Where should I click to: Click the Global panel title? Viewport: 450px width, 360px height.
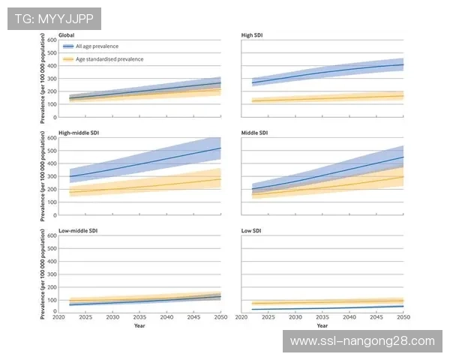pyautogui.click(x=67, y=35)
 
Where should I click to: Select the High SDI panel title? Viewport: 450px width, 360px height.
pyautogui.click(x=253, y=35)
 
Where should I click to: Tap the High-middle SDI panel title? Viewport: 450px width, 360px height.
pyautogui.click(x=77, y=133)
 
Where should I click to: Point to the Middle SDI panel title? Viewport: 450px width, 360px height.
pyautogui.click(x=256, y=133)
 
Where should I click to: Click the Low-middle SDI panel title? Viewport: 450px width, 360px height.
pyautogui.click(x=76, y=231)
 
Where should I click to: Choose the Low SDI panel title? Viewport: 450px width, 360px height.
pyautogui.click(x=252, y=231)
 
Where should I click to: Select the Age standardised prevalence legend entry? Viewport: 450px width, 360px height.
pyautogui.click(x=109, y=59)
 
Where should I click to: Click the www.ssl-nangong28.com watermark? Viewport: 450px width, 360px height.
pyautogui.click(x=362, y=341)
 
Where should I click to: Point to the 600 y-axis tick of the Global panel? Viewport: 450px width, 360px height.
pyautogui.click(x=52, y=39)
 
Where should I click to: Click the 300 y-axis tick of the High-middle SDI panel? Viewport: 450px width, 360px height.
pyautogui.click(x=52, y=176)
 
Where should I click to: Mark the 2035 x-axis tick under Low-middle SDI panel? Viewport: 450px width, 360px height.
pyautogui.click(x=139, y=318)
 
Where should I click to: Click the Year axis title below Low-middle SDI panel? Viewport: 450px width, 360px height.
pyautogui.click(x=139, y=326)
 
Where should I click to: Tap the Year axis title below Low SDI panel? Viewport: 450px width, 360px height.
pyautogui.click(x=322, y=326)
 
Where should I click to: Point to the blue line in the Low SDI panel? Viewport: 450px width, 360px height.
pyautogui.click(x=322, y=308)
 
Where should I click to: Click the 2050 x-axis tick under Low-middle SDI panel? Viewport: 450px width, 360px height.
pyautogui.click(x=220, y=318)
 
